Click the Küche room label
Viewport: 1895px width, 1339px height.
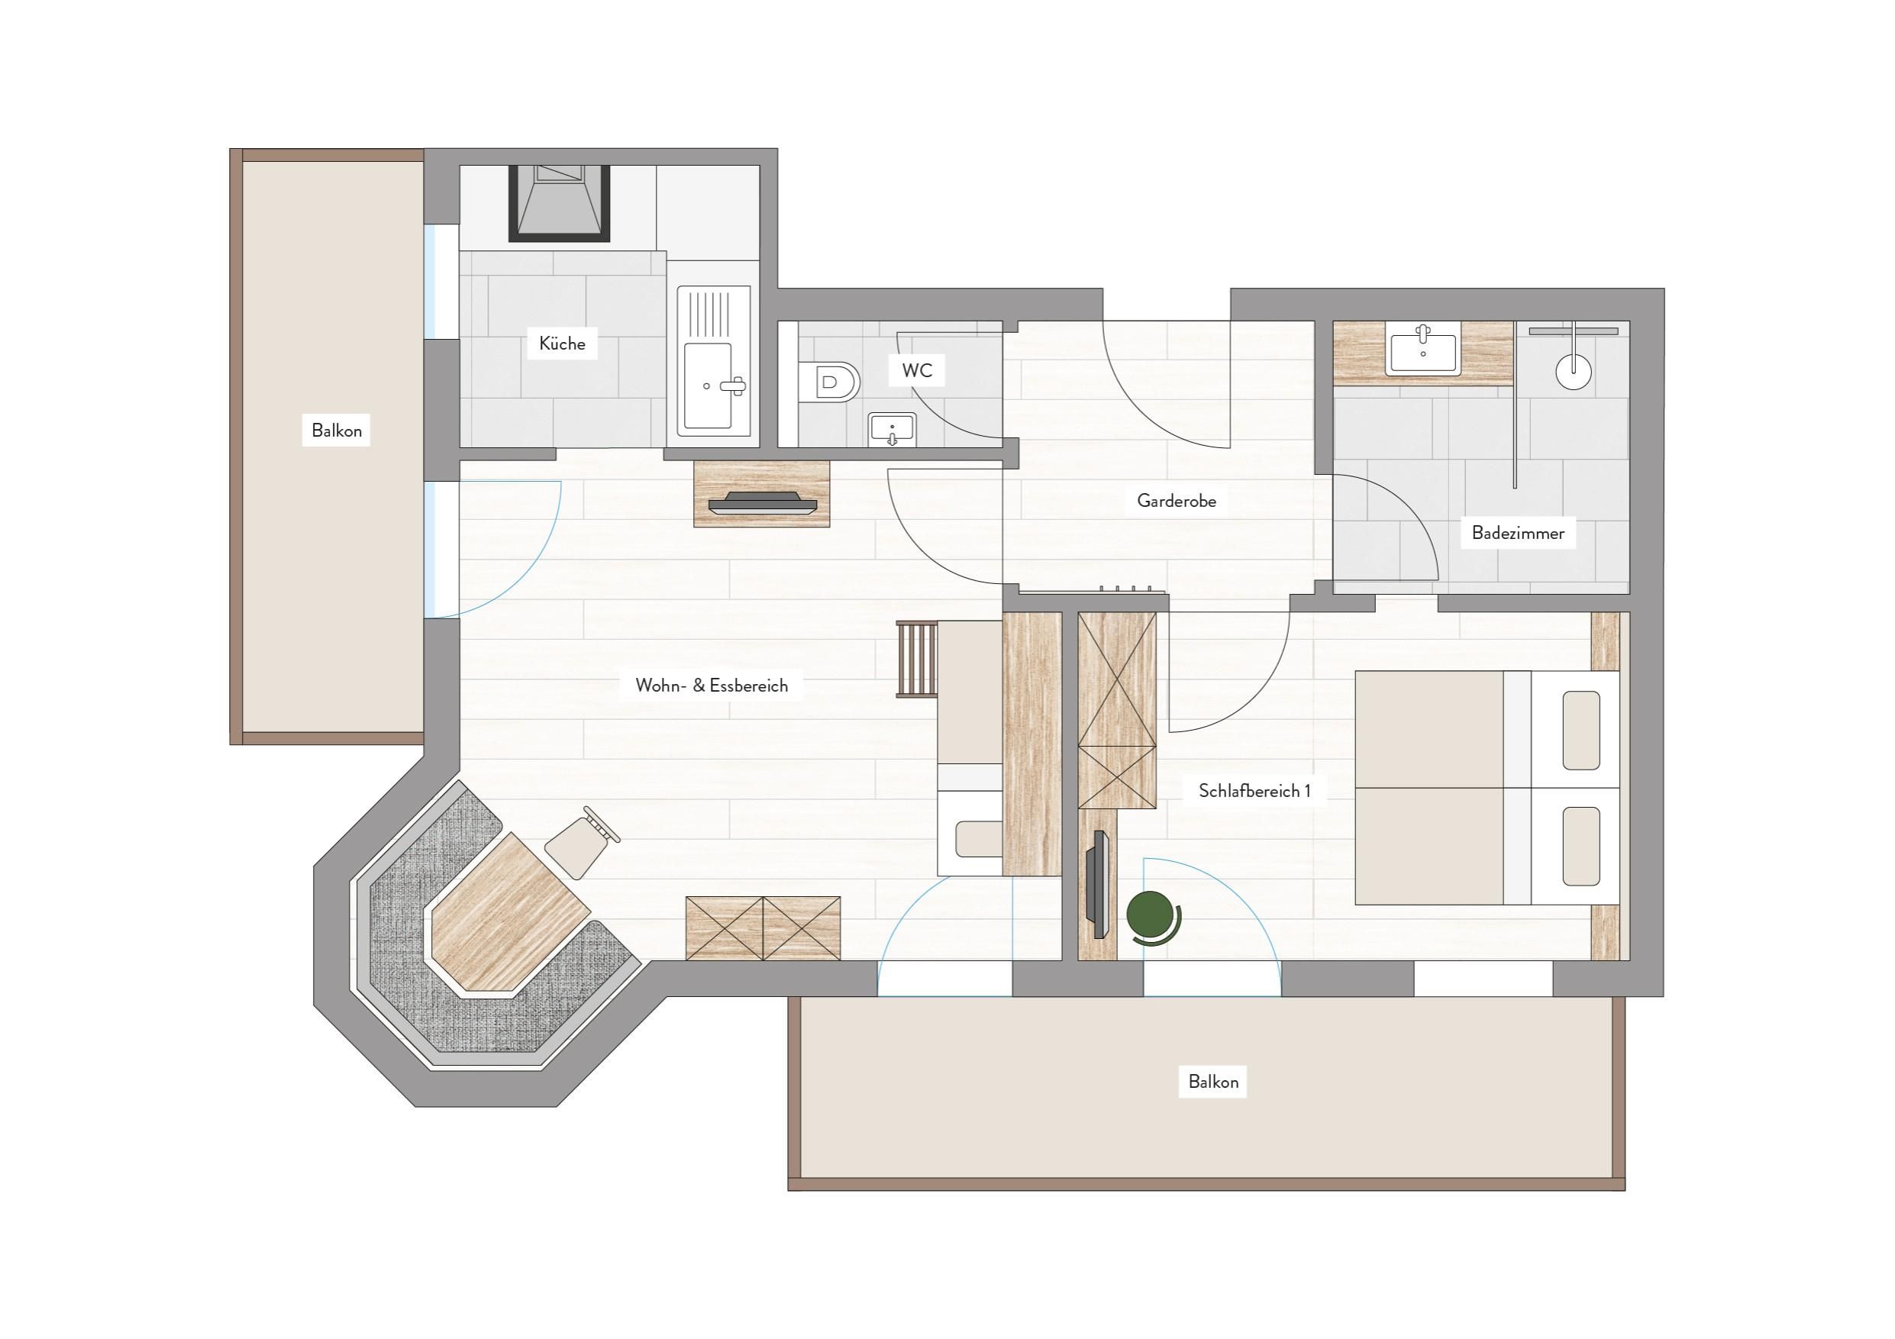point(562,344)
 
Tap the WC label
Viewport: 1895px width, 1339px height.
point(917,370)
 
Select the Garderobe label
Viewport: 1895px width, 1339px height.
point(1176,500)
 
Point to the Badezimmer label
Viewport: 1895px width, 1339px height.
point(1518,533)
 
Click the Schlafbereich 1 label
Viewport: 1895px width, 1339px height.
point(1254,791)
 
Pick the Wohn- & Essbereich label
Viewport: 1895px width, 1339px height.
point(712,686)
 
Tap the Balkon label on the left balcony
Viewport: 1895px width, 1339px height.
point(337,431)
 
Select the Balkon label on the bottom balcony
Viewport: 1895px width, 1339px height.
point(1213,1082)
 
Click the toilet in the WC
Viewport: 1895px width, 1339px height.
point(829,382)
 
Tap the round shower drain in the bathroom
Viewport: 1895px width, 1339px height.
point(1573,371)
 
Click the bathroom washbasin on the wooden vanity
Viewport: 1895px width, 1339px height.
point(1423,350)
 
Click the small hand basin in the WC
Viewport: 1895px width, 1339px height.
point(891,429)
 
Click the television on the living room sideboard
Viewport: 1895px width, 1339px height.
point(762,503)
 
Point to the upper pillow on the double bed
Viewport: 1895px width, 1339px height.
point(1580,730)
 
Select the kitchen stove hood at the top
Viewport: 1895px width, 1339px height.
point(559,204)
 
